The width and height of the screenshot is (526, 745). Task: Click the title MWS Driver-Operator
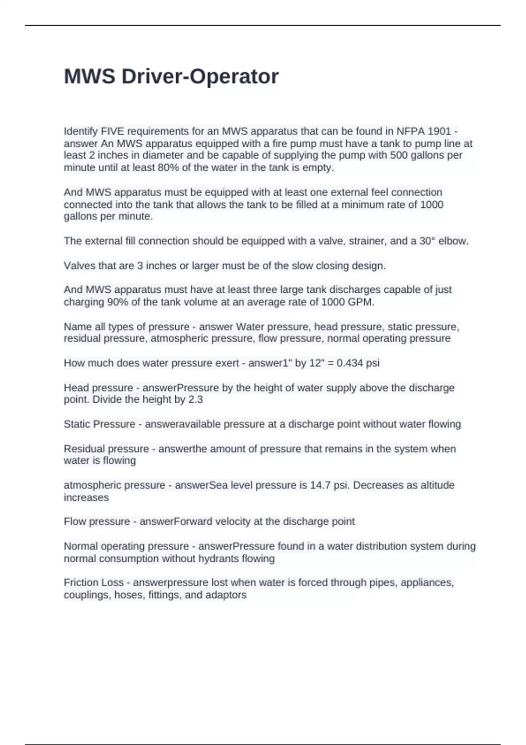(x=171, y=77)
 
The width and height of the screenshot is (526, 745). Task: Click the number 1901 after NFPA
(x=439, y=131)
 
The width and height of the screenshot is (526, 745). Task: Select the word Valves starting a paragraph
(x=77, y=266)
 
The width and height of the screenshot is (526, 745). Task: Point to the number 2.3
(x=195, y=400)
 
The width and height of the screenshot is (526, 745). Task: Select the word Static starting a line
(x=77, y=424)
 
